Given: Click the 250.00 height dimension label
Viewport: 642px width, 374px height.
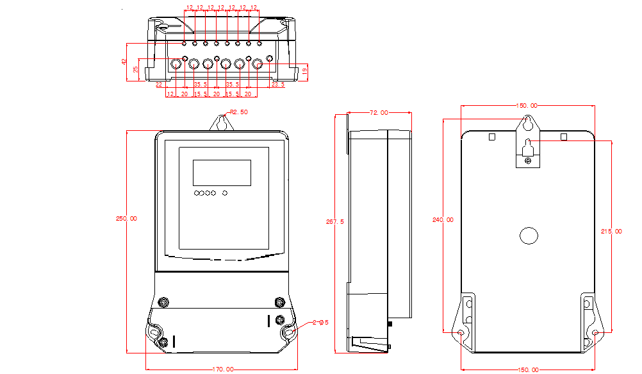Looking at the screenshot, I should pos(126,219).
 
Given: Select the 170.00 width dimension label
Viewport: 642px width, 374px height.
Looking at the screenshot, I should pos(222,370).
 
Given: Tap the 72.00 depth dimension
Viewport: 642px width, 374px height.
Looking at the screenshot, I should pos(379,113).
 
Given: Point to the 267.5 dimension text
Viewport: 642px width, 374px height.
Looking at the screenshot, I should pos(334,222).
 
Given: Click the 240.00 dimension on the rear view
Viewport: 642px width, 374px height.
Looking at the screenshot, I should pos(442,220).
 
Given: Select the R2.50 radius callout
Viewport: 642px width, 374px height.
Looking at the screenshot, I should pos(239,112).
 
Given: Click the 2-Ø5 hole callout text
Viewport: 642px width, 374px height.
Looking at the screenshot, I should pos(320,323).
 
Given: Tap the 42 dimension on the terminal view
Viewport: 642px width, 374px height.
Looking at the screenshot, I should pos(125,62).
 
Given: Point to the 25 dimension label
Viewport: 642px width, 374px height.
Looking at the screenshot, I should pos(136,69).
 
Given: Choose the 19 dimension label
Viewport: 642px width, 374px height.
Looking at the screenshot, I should pos(304,72).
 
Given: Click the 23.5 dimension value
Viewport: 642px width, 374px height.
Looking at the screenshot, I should pos(278,85).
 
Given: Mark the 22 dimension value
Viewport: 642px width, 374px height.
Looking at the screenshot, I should pos(159,85).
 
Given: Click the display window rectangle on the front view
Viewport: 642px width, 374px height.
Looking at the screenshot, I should pos(222,173).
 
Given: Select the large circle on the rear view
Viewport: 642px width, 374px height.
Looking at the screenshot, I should pos(529,235).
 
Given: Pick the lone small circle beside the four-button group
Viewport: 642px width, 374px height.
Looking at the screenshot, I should pos(225,192).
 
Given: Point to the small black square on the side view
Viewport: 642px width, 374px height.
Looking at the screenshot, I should pos(390,325).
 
